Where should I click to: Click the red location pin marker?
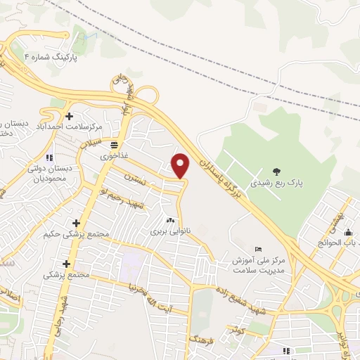(181, 165)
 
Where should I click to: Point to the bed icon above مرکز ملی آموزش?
(258, 249)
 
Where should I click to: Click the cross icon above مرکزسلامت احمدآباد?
(69, 115)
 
